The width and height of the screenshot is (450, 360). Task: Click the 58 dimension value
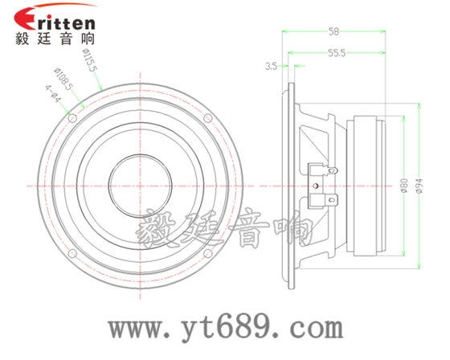click(333, 31)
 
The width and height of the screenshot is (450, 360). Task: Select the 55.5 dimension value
click(337, 53)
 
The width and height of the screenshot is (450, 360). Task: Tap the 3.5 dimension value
click(271, 67)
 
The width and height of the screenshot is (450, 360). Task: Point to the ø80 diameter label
click(404, 186)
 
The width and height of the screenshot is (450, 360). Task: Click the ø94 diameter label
click(419, 186)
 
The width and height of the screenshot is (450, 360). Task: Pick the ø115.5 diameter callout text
click(90, 59)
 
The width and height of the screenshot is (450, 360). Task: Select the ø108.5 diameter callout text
click(63, 80)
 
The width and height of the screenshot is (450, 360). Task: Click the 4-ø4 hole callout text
click(53, 94)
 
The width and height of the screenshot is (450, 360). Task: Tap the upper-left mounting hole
click(72, 118)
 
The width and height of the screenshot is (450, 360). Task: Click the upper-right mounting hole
click(208, 118)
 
